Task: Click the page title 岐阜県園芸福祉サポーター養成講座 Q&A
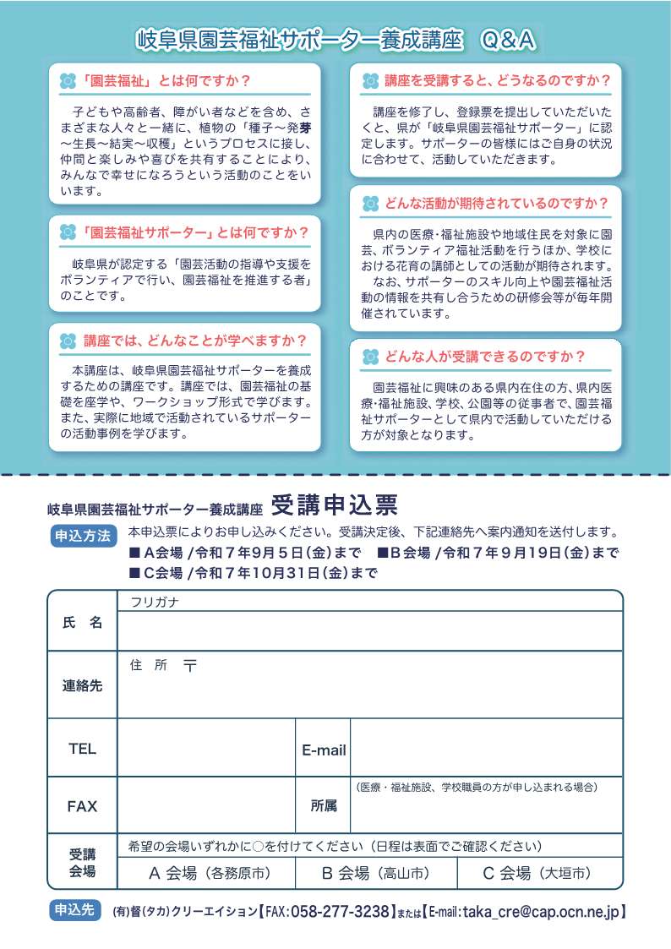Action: pos(335,40)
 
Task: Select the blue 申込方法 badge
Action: pos(82,536)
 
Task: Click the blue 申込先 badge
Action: pos(74,911)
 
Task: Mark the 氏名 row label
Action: pos(82,622)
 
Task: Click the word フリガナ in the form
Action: pos(155,602)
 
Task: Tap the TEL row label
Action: pos(82,748)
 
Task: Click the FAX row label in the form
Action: pos(82,806)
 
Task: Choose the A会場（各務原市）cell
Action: pos(209,873)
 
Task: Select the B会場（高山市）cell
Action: pos(376,873)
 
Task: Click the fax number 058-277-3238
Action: pos(340,912)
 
